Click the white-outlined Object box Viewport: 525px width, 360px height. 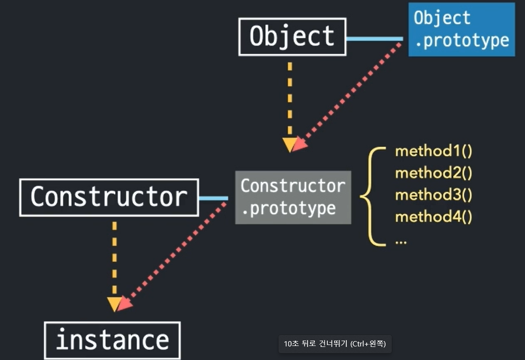pos(292,36)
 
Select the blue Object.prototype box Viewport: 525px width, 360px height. pos(461,30)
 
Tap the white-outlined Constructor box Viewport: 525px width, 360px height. pos(109,197)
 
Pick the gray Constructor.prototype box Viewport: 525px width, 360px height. pos(293,197)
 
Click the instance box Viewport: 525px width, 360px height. pos(112,340)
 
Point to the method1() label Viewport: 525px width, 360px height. pos(433,151)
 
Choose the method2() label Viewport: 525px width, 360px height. pos(433,173)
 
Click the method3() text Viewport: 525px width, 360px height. pos(433,195)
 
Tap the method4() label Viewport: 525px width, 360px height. pos(433,217)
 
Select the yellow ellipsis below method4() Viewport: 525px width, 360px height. pos(401,241)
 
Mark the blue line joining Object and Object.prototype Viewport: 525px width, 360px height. pos(374,39)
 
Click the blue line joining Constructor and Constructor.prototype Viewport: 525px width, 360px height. pos(213,198)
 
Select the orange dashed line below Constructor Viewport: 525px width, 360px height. pos(114,257)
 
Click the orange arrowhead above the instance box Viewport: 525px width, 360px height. pos(114,304)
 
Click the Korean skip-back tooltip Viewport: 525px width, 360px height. pos(335,344)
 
